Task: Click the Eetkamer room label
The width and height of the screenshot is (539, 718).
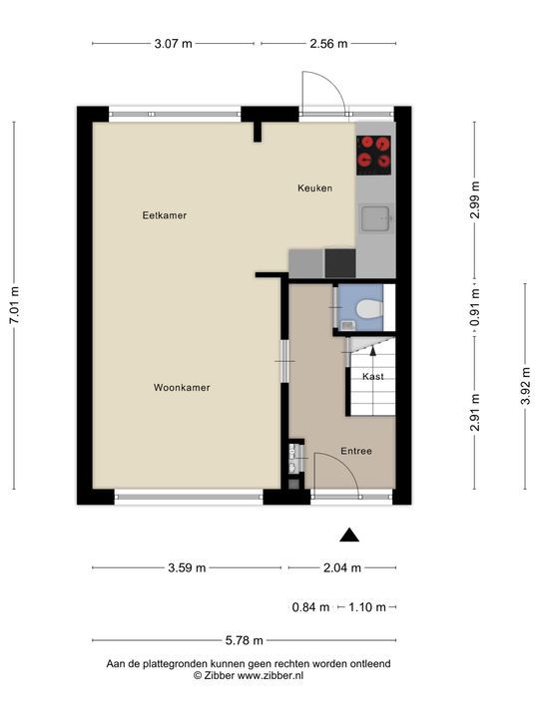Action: point(165,215)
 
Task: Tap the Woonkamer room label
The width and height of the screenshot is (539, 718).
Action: point(182,387)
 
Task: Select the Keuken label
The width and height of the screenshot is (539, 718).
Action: point(314,187)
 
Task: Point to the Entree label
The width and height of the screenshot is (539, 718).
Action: point(356,451)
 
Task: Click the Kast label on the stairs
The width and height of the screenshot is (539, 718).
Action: point(373,376)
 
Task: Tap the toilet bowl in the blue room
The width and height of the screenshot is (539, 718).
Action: point(370,308)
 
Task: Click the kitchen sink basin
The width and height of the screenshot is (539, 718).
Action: point(375,218)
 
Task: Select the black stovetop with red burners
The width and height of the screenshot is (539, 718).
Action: point(373,156)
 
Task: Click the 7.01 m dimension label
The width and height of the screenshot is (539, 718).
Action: point(15,305)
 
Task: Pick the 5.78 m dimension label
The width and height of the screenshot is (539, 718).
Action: point(245,640)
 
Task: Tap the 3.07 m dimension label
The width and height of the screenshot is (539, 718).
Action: point(174,44)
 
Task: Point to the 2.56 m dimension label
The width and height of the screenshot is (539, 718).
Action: point(328,44)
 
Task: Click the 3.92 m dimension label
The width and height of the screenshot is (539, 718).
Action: point(526,386)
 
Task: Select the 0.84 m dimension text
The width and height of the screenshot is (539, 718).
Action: point(310,607)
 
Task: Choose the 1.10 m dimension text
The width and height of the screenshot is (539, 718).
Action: point(367,607)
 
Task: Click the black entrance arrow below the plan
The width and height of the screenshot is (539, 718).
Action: point(349,535)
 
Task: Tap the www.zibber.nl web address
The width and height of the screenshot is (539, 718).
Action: point(269,675)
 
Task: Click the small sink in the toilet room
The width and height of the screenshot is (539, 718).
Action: point(347,325)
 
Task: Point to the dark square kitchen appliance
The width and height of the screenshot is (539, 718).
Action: point(340,263)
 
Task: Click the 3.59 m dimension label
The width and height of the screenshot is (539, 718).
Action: point(187,567)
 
